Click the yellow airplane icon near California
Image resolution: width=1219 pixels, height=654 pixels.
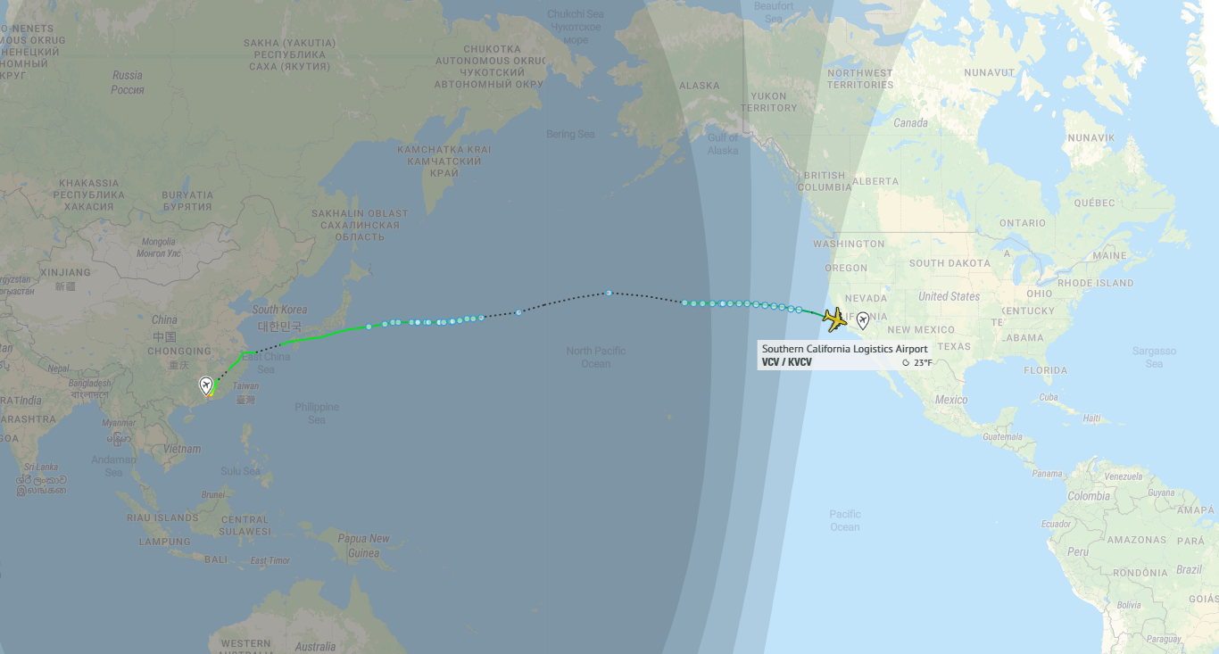833,319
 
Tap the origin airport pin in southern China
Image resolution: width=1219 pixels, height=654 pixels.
206,385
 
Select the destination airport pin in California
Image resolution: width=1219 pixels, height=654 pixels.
863,321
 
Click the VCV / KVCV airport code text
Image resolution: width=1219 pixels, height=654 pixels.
786,362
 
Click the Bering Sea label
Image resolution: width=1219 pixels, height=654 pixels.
570,135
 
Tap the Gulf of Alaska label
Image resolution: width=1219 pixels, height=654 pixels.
723,144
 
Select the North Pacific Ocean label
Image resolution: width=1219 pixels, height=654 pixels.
596,357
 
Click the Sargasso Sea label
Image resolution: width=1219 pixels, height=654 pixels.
1154,357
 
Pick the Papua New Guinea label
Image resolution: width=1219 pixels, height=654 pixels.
363,545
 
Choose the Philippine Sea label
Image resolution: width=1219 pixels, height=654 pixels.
317,413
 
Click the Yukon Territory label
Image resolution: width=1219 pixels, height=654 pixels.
768,102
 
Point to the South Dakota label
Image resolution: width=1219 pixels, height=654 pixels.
949,263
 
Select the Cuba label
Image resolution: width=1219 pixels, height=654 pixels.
1048,396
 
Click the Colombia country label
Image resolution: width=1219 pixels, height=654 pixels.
1089,496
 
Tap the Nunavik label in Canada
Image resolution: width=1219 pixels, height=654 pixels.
1091,138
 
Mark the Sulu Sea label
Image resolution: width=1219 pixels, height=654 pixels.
241,471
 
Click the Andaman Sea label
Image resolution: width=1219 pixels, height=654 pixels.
113,466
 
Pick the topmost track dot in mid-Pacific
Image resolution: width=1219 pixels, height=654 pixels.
608,293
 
